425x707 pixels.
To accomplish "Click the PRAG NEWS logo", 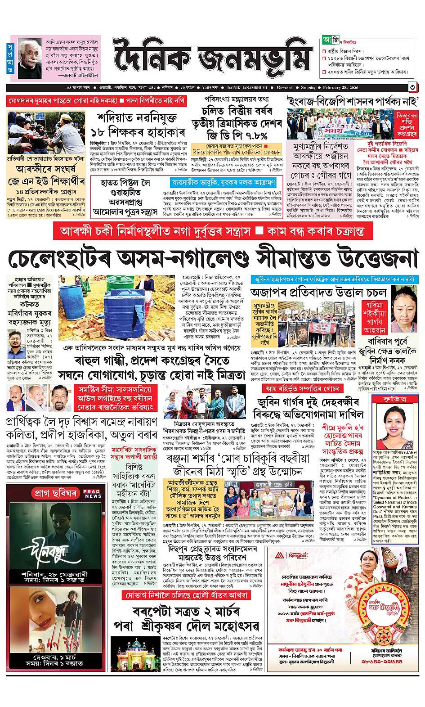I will click(x=93, y=493).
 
